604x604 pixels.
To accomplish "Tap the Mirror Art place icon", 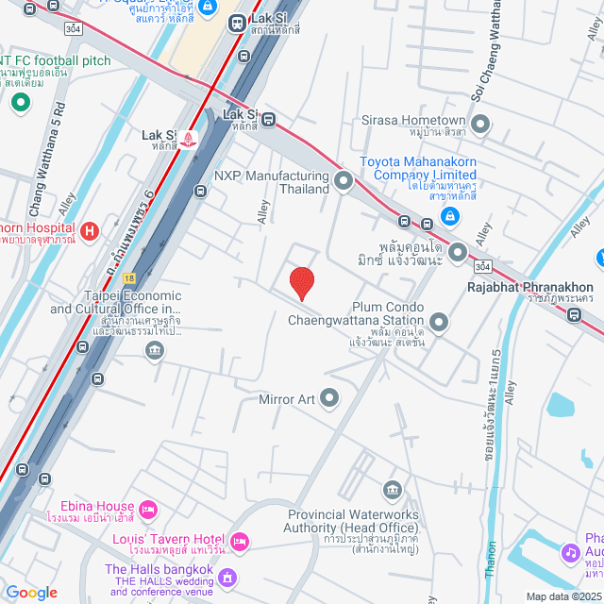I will point(329,399).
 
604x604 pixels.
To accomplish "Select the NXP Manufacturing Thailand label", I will point(271,182).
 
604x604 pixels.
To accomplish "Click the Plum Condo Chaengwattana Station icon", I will point(438,323).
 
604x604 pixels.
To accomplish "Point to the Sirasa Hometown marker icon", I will point(480,122).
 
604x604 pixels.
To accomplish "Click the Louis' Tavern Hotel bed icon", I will point(239,541).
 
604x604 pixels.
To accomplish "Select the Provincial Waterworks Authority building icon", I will point(392,490).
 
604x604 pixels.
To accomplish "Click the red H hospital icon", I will point(90,229).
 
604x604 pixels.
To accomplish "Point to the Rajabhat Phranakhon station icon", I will point(574,315).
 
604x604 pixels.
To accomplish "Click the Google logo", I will point(31,593).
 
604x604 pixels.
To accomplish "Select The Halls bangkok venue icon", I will point(226,576).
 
